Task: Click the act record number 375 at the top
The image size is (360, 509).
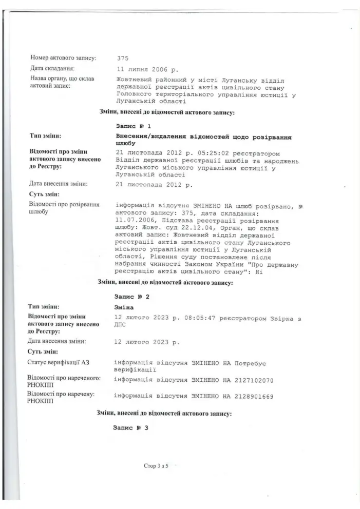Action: pos(123,58)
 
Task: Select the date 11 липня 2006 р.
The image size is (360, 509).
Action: pos(147,68)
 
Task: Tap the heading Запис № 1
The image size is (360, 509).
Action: pos(134,125)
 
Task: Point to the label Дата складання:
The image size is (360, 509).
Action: pos(53,68)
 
